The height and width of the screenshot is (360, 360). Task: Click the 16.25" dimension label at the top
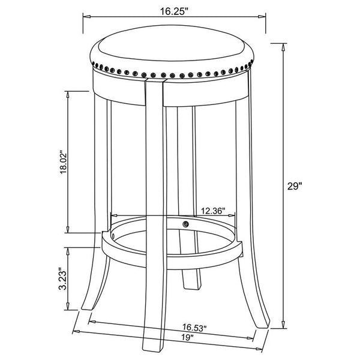click(x=174, y=11)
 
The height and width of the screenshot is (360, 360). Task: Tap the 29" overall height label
click(x=294, y=186)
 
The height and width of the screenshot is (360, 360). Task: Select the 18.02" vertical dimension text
click(x=64, y=163)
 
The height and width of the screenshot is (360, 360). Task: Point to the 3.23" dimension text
click(x=62, y=278)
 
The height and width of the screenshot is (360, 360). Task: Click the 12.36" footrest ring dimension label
click(x=213, y=211)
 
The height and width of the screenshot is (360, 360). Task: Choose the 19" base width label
click(x=188, y=337)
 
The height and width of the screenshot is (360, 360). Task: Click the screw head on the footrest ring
click(x=185, y=224)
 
